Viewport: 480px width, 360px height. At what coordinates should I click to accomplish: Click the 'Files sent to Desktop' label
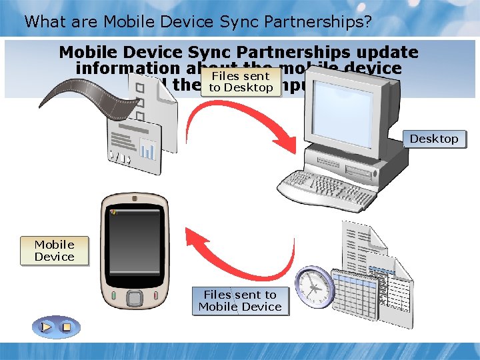[241, 82]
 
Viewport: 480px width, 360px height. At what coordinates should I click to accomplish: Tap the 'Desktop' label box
[434, 139]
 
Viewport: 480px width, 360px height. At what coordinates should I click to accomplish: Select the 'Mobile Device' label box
[55, 251]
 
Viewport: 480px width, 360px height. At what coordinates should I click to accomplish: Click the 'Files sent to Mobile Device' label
[240, 301]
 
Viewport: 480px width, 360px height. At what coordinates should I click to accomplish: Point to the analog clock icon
[313, 287]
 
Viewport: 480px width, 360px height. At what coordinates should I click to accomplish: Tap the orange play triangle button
[46, 327]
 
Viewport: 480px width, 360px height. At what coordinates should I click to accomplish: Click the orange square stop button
[66, 327]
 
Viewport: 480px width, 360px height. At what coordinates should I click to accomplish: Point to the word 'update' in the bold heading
[386, 52]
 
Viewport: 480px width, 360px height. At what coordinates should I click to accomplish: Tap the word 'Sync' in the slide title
[233, 21]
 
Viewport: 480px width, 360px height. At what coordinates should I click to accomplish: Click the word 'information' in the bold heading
[127, 69]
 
